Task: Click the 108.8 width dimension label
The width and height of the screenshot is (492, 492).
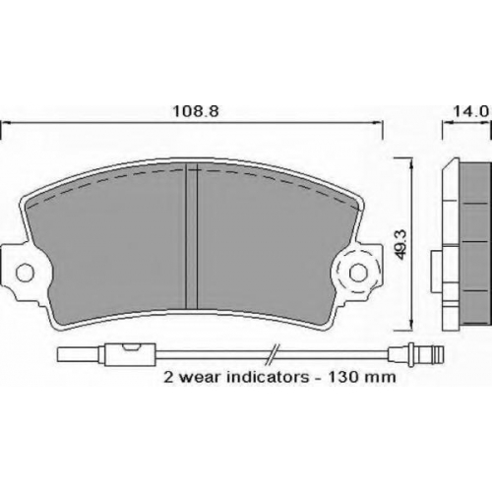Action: click(196, 112)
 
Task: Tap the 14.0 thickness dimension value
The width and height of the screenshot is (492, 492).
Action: click(471, 112)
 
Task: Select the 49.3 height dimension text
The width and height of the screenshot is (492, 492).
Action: click(401, 244)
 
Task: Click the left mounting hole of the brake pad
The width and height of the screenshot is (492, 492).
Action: click(25, 273)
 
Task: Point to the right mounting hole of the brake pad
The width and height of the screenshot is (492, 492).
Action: click(358, 273)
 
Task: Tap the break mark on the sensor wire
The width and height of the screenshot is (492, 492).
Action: click(273, 354)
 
